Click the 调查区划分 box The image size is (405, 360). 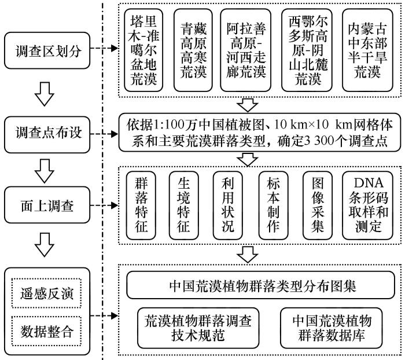[x=47, y=50]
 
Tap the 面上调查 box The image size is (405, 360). [x=47, y=205]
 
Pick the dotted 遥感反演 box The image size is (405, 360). [x=47, y=293]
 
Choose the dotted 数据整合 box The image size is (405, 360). [x=47, y=331]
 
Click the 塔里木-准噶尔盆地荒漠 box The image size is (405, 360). [x=143, y=50]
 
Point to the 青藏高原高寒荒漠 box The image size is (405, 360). [x=193, y=50]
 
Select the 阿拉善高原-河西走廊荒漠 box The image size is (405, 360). [x=246, y=50]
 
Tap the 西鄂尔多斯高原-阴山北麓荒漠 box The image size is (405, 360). [x=307, y=50]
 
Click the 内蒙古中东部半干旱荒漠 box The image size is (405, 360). [x=367, y=50]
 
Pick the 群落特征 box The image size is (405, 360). [x=141, y=205]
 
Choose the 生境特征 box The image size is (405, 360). [x=183, y=205]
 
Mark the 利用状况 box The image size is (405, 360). [x=228, y=205]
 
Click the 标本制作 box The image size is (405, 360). [x=273, y=205]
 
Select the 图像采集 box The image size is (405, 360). [x=318, y=205]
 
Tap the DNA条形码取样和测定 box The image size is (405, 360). [x=368, y=205]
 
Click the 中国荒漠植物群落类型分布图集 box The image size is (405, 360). [x=260, y=285]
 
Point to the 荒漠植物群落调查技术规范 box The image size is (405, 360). [x=198, y=328]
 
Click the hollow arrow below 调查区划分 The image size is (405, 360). [x=45, y=94]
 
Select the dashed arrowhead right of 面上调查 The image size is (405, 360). [x=114, y=205]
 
